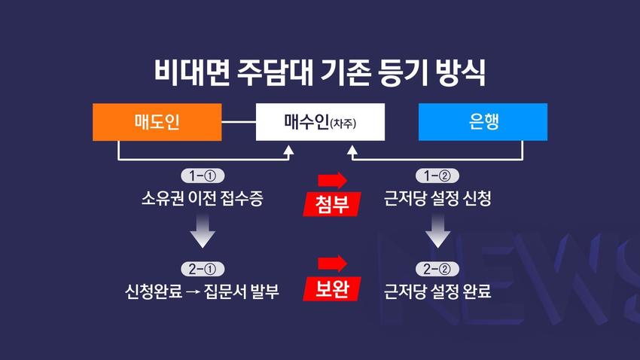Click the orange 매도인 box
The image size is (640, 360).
pos(157,122)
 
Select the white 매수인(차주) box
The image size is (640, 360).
pos(320,122)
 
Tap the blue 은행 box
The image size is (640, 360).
pos(483,122)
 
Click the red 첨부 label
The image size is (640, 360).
pos(332,203)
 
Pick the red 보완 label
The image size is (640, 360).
pos(332,288)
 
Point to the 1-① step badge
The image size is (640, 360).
pos(203,176)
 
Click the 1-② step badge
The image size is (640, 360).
pos(437,176)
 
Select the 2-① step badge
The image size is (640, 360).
pos(203,269)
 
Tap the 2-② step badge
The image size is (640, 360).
pos(437,269)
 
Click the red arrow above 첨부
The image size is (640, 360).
pos(332,180)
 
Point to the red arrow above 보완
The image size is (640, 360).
pos(332,264)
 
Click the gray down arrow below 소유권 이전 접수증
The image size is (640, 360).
pos(203,231)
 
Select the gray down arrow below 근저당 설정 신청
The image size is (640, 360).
pos(437,231)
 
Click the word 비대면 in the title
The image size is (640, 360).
pos(192,72)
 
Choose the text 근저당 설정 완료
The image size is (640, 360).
pos(437,291)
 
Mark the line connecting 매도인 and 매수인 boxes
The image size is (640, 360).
pos(239,122)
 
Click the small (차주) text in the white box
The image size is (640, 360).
pos(343,124)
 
